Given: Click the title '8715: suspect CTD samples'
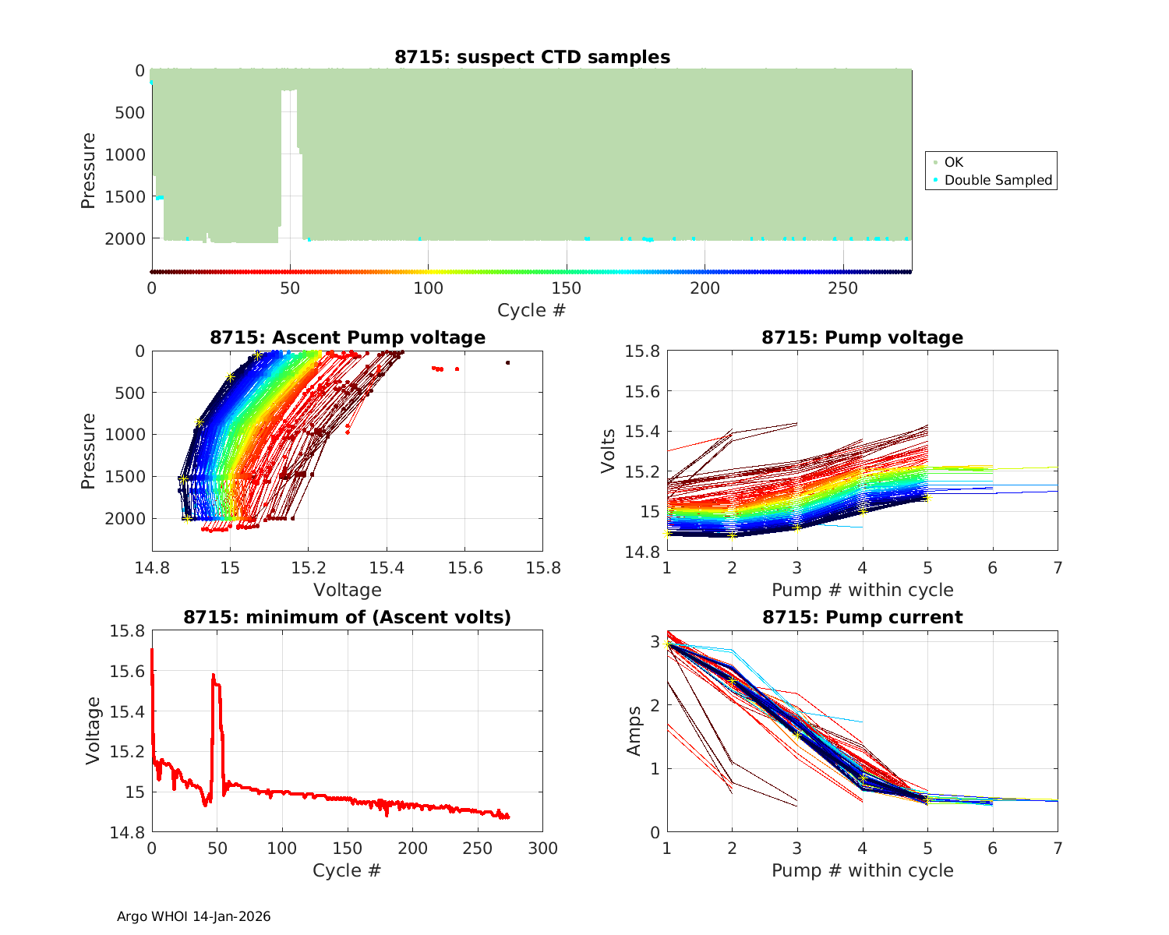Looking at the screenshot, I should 532,57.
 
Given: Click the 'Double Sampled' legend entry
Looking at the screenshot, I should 998,180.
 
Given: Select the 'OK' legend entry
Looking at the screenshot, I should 953,162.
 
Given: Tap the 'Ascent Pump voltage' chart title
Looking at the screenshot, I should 347,337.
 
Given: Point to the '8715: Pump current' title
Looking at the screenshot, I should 862,617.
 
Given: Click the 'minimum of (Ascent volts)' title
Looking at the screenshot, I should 347,617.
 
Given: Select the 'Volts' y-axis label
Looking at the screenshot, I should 609,451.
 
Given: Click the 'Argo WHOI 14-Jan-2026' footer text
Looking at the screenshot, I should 193,916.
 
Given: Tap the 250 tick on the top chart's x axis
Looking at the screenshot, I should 842,288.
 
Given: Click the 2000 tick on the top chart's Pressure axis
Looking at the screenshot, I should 125,238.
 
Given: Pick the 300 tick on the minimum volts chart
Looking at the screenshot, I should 542,849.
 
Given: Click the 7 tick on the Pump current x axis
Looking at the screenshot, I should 1058,849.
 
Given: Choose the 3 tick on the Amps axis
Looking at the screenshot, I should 655,641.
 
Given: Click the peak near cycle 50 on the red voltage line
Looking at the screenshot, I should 214,676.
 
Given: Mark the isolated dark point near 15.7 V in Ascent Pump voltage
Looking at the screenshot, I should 507,362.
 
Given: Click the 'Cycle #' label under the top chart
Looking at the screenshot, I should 532,310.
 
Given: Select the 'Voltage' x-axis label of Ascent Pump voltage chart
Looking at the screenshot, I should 347,590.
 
